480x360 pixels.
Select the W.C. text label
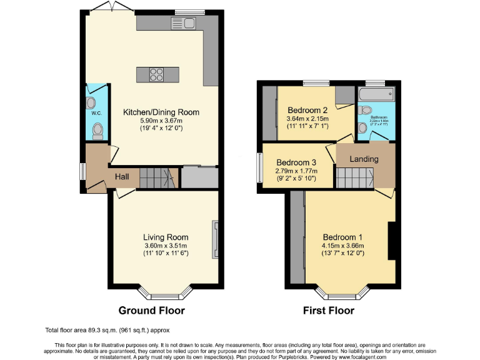[x=96, y=113]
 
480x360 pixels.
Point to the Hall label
[x=122, y=177]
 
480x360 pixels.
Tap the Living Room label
[x=166, y=237]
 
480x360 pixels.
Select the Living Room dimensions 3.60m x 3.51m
[x=166, y=246]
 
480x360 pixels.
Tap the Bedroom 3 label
[x=297, y=162]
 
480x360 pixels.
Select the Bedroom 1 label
[x=342, y=237]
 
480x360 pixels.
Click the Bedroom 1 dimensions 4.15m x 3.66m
[x=342, y=246]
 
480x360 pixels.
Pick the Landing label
[x=364, y=159]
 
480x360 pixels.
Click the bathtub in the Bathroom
[x=375, y=95]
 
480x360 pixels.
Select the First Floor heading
[x=328, y=310]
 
